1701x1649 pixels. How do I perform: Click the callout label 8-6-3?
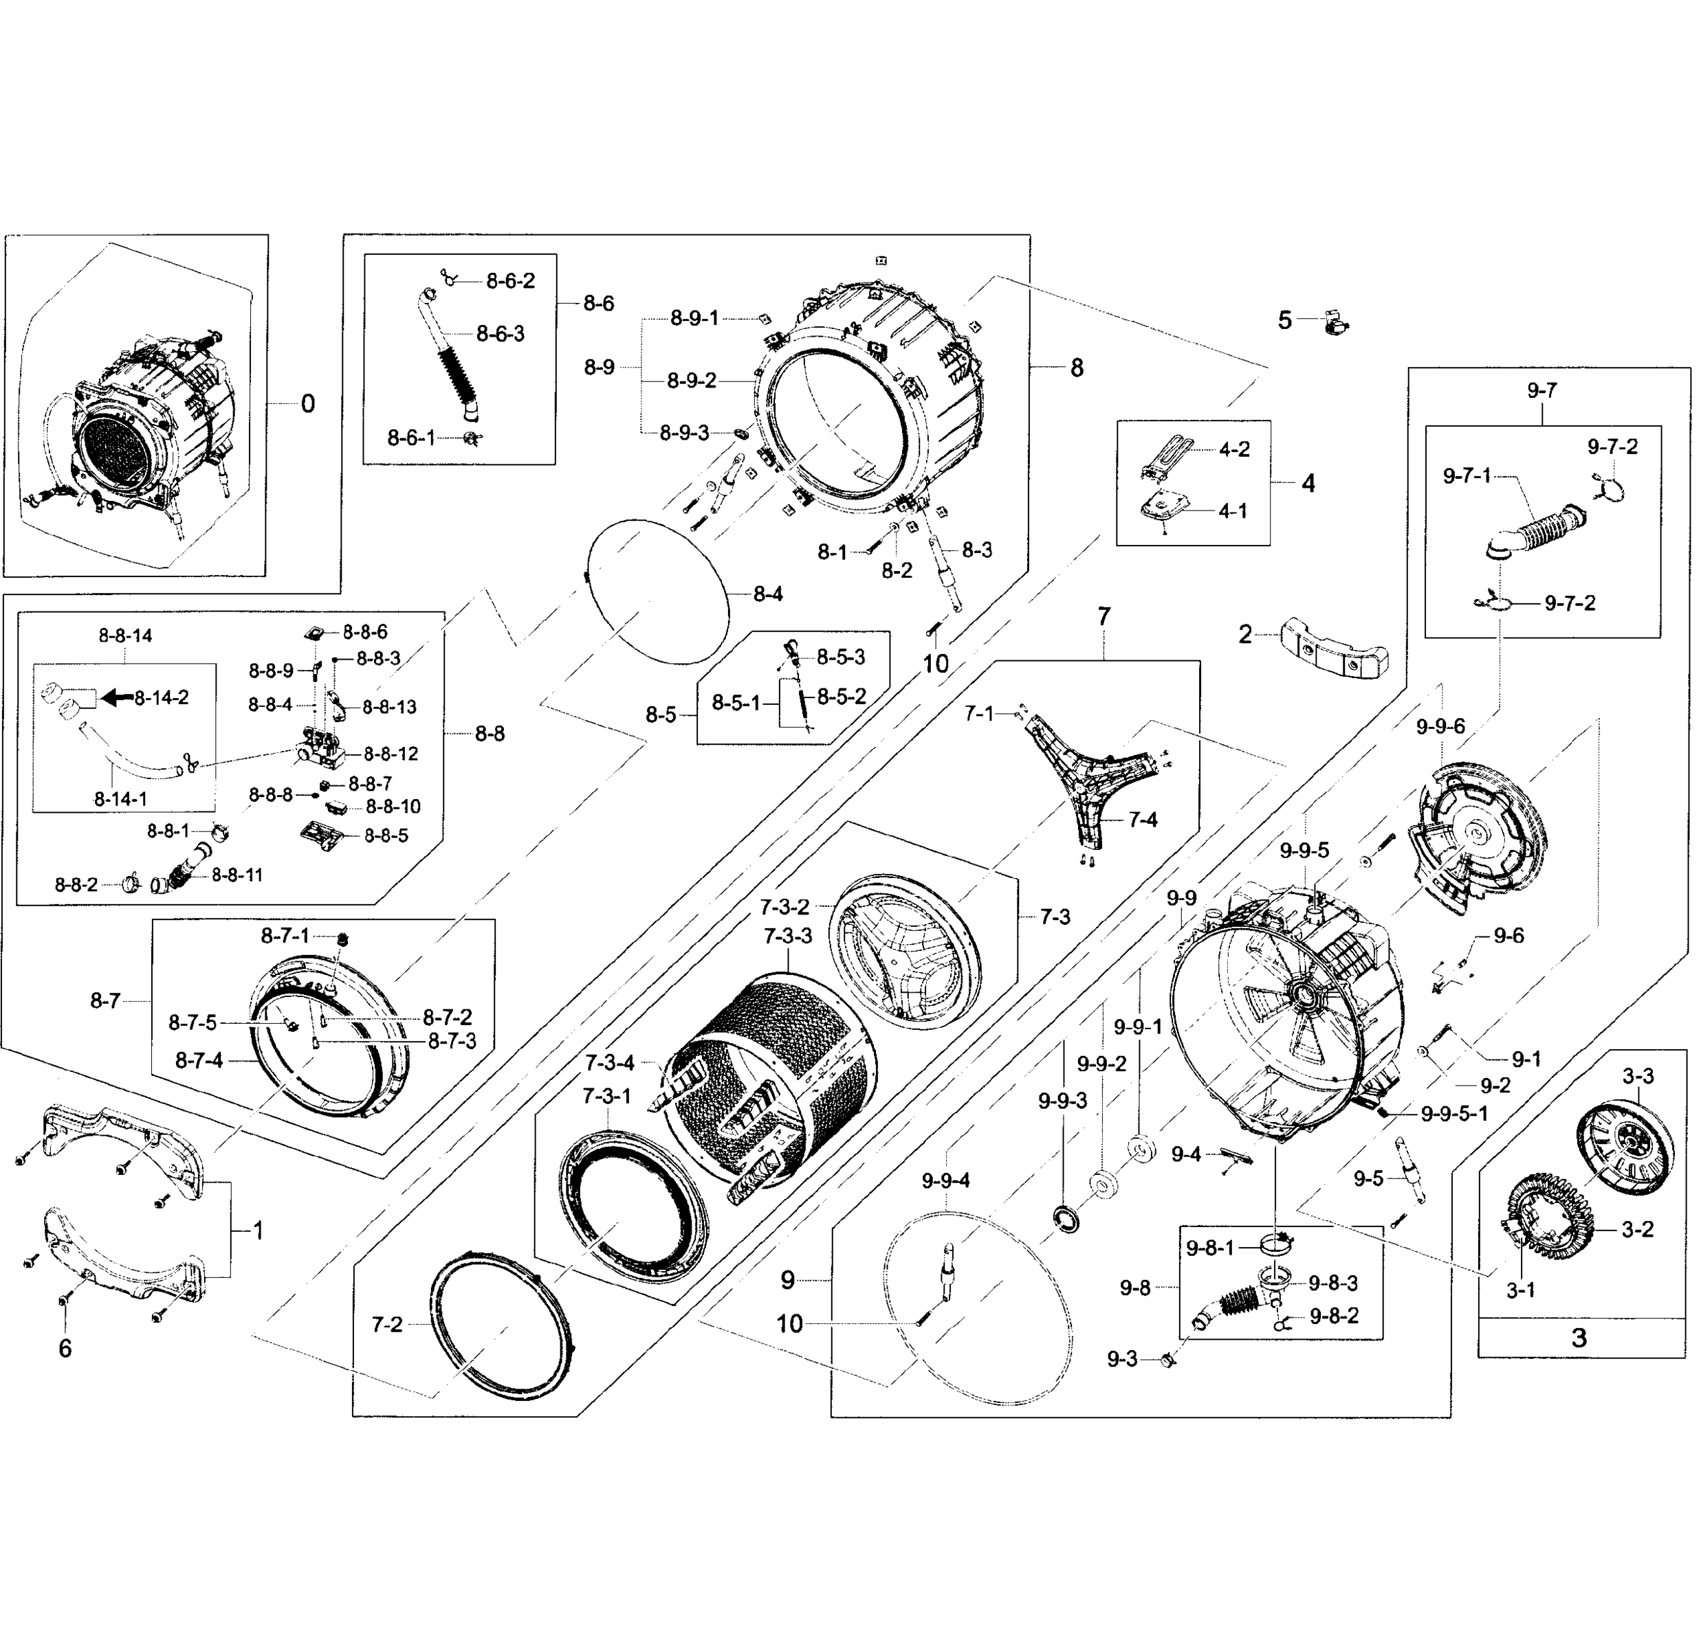pos(500,334)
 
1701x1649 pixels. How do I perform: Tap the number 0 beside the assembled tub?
pos(307,403)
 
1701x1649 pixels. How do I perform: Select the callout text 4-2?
pos(1234,449)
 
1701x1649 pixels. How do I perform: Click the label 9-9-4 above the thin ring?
pos(945,1180)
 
